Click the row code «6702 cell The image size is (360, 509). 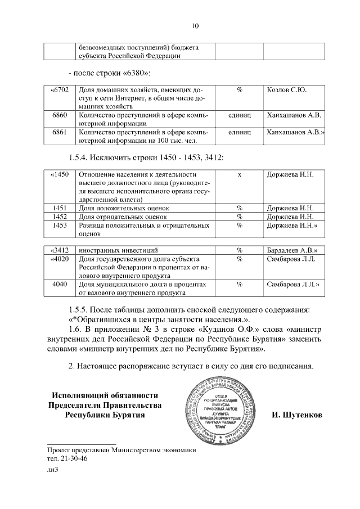point(59,89)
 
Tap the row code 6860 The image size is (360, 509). point(60,115)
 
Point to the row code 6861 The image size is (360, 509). point(60,132)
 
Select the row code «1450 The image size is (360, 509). point(59,174)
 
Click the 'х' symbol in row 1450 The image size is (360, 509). point(240,174)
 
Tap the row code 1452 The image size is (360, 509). point(60,217)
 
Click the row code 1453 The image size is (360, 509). point(60,225)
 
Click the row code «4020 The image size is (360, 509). point(59,259)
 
